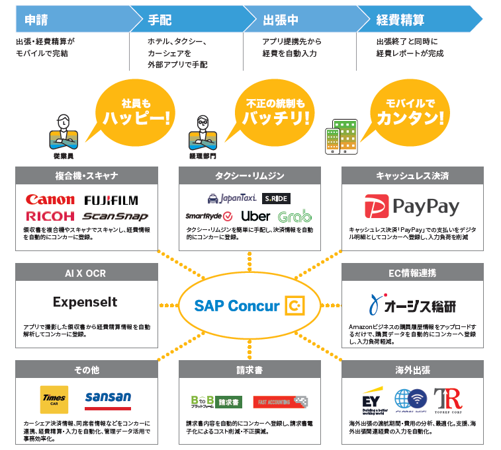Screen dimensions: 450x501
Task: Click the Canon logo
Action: tap(50, 200)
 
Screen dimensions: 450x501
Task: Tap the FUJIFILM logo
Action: tap(111, 200)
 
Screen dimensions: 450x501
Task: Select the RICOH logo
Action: tap(50, 216)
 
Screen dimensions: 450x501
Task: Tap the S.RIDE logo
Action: tap(276, 198)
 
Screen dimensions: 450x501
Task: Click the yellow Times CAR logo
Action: tap(54, 399)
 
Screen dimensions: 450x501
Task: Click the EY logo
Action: tap(369, 402)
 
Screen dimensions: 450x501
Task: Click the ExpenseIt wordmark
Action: tap(85, 302)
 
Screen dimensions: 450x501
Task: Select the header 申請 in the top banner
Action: tap(36, 19)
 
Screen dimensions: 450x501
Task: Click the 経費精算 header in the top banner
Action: tap(400, 19)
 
